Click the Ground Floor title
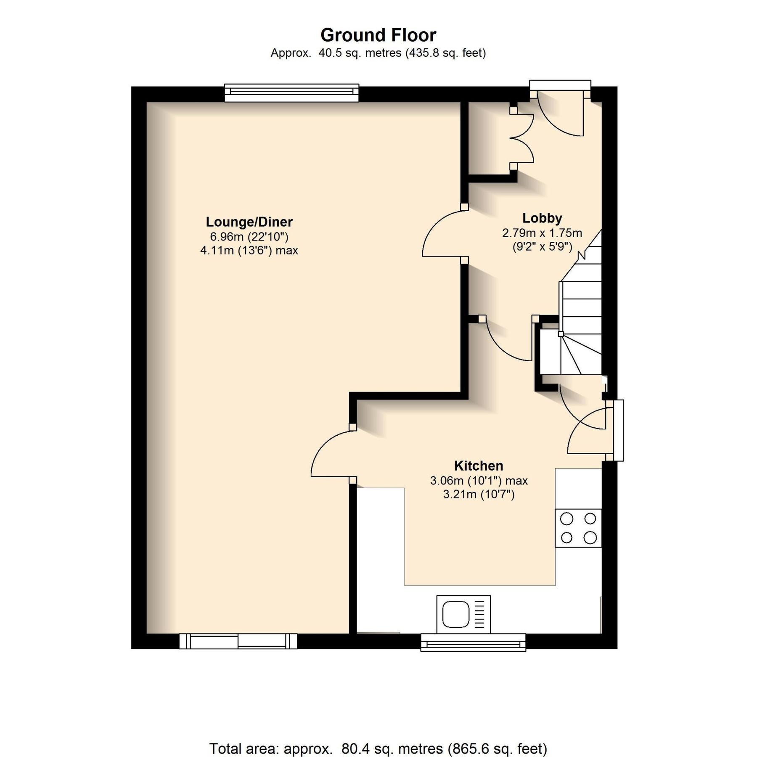(378, 35)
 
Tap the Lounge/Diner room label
(249, 222)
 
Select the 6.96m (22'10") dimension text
(249, 236)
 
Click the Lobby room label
(542, 218)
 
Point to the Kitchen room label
(478, 466)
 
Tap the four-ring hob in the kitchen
(578, 528)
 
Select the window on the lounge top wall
(291, 93)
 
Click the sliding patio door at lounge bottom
(238, 641)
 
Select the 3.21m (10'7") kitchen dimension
(479, 494)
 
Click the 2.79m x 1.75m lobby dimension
(542, 233)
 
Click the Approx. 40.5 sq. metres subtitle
(378, 53)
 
